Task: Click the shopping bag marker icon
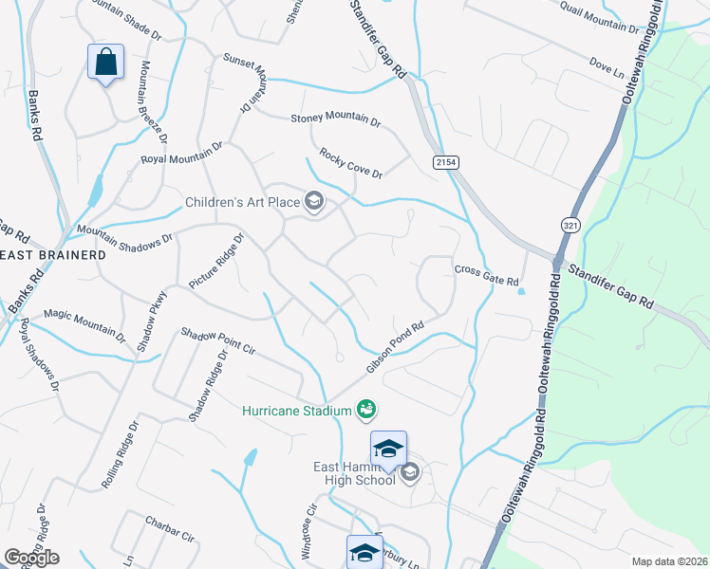click(106, 63)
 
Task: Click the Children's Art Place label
click(241, 201)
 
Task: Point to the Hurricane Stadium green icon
click(366, 410)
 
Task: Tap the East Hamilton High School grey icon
click(410, 472)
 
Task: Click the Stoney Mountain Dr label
click(335, 119)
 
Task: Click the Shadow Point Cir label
click(218, 341)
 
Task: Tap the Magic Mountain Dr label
click(84, 323)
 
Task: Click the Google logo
click(31, 558)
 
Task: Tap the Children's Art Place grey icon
click(313, 200)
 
